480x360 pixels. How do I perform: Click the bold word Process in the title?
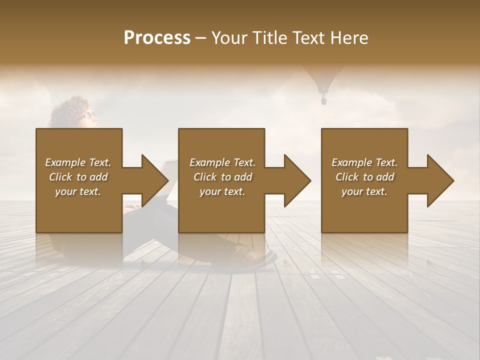coord(157,38)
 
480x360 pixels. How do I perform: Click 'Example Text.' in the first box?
coord(78,162)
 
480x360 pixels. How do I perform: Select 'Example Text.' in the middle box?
coord(222,162)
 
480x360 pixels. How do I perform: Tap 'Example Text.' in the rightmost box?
coord(364,162)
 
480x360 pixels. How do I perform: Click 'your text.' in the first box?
coord(78,191)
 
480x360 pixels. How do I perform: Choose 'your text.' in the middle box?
coord(222,191)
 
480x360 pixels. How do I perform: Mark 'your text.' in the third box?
coord(364,191)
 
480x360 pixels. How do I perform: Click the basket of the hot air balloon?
coord(323,100)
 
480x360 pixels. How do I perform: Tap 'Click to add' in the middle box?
coord(222,177)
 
